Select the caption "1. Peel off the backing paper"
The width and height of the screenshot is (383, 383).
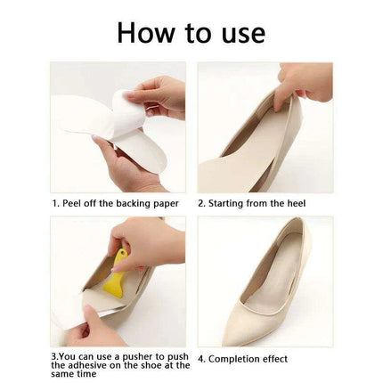click(x=115, y=203)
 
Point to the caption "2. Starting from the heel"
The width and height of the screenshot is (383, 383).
click(x=251, y=203)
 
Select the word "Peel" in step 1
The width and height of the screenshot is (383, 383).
click(x=71, y=203)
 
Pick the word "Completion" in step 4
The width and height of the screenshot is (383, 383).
click(x=235, y=359)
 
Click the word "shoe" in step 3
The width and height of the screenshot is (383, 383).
click(x=151, y=365)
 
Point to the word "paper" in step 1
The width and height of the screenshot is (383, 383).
click(x=164, y=204)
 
